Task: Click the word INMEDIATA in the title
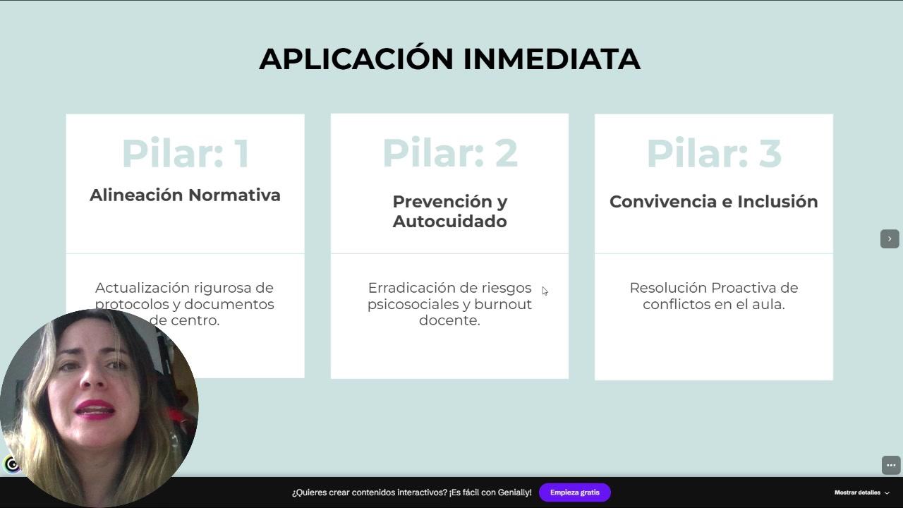click(552, 59)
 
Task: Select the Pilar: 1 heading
click(186, 153)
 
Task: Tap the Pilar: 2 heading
click(450, 153)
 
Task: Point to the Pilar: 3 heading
click(714, 153)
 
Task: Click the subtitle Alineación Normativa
click(185, 195)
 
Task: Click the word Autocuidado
click(450, 222)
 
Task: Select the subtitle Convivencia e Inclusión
click(713, 202)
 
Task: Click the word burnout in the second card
click(503, 304)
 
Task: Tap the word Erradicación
click(409, 288)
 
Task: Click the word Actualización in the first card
click(143, 288)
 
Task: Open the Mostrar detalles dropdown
click(861, 492)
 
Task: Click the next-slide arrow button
click(890, 239)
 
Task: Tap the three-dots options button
click(891, 465)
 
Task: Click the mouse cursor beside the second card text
click(545, 291)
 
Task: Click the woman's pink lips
click(95, 411)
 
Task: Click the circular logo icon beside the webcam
click(11, 465)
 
